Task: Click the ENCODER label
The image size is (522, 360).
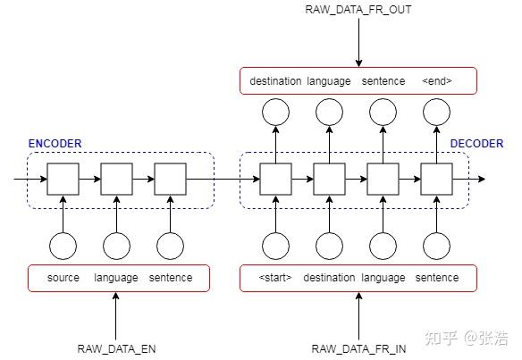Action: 55,144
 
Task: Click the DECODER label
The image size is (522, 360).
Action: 476,144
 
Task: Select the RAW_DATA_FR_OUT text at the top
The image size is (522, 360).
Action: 358,10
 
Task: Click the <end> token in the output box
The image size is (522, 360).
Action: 436,81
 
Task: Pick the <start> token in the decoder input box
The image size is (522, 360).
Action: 275,278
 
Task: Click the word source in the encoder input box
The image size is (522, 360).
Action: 63,278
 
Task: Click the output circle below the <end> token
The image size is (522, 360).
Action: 436,112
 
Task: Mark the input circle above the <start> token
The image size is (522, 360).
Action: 275,246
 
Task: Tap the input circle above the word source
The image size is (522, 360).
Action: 63,246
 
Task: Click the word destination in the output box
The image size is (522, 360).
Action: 274,81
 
